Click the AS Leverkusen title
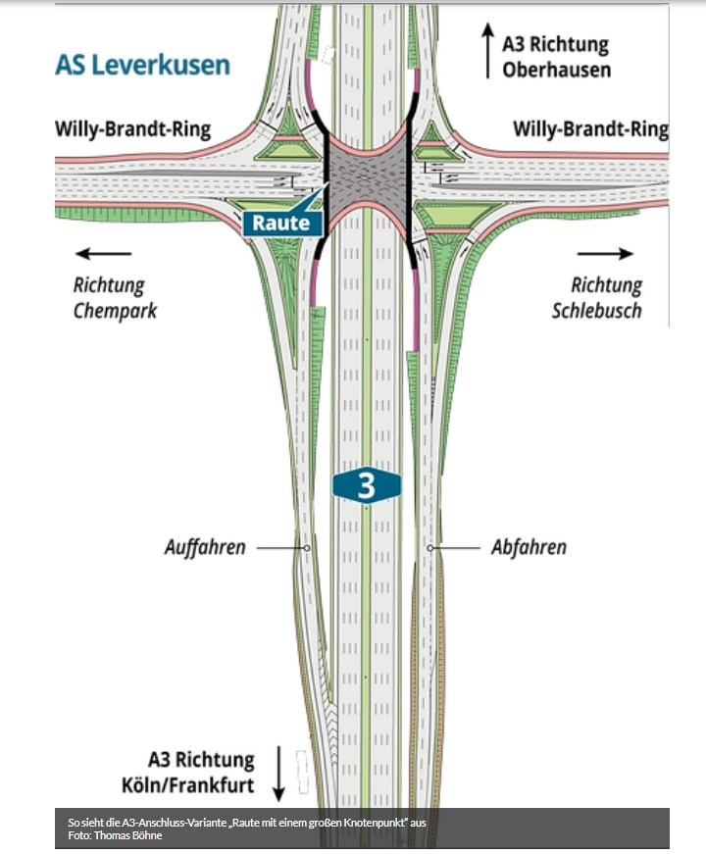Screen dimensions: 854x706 (143, 66)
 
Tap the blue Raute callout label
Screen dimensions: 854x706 (281, 223)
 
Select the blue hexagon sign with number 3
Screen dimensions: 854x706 (366, 485)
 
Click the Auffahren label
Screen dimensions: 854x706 (205, 547)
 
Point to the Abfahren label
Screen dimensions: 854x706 (529, 547)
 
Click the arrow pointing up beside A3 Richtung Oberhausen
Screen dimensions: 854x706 (486, 52)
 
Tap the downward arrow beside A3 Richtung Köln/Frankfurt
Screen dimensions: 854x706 (278, 773)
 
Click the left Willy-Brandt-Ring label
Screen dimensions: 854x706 (132, 129)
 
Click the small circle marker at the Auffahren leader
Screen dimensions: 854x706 (308, 547)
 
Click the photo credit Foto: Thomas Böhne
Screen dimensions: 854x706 (114, 835)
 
